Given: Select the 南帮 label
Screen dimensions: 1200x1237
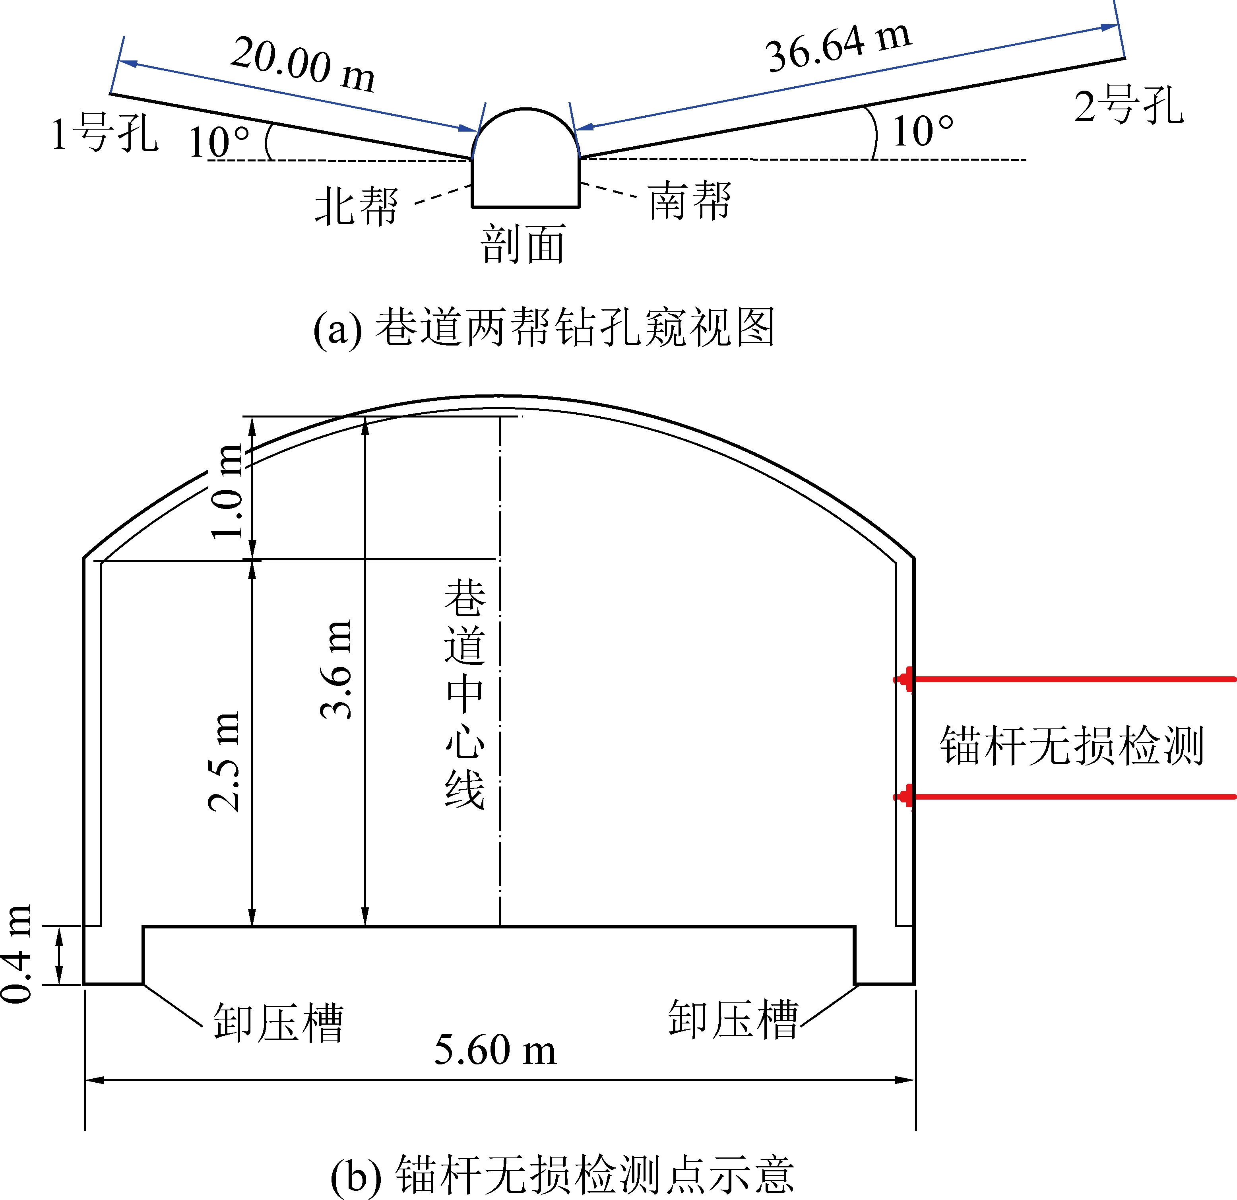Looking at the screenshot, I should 690,200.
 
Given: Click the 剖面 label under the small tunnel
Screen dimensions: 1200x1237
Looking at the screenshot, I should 523,244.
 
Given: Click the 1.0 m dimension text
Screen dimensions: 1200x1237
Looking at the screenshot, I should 227,491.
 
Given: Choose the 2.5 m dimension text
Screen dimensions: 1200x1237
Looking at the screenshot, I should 224,762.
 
